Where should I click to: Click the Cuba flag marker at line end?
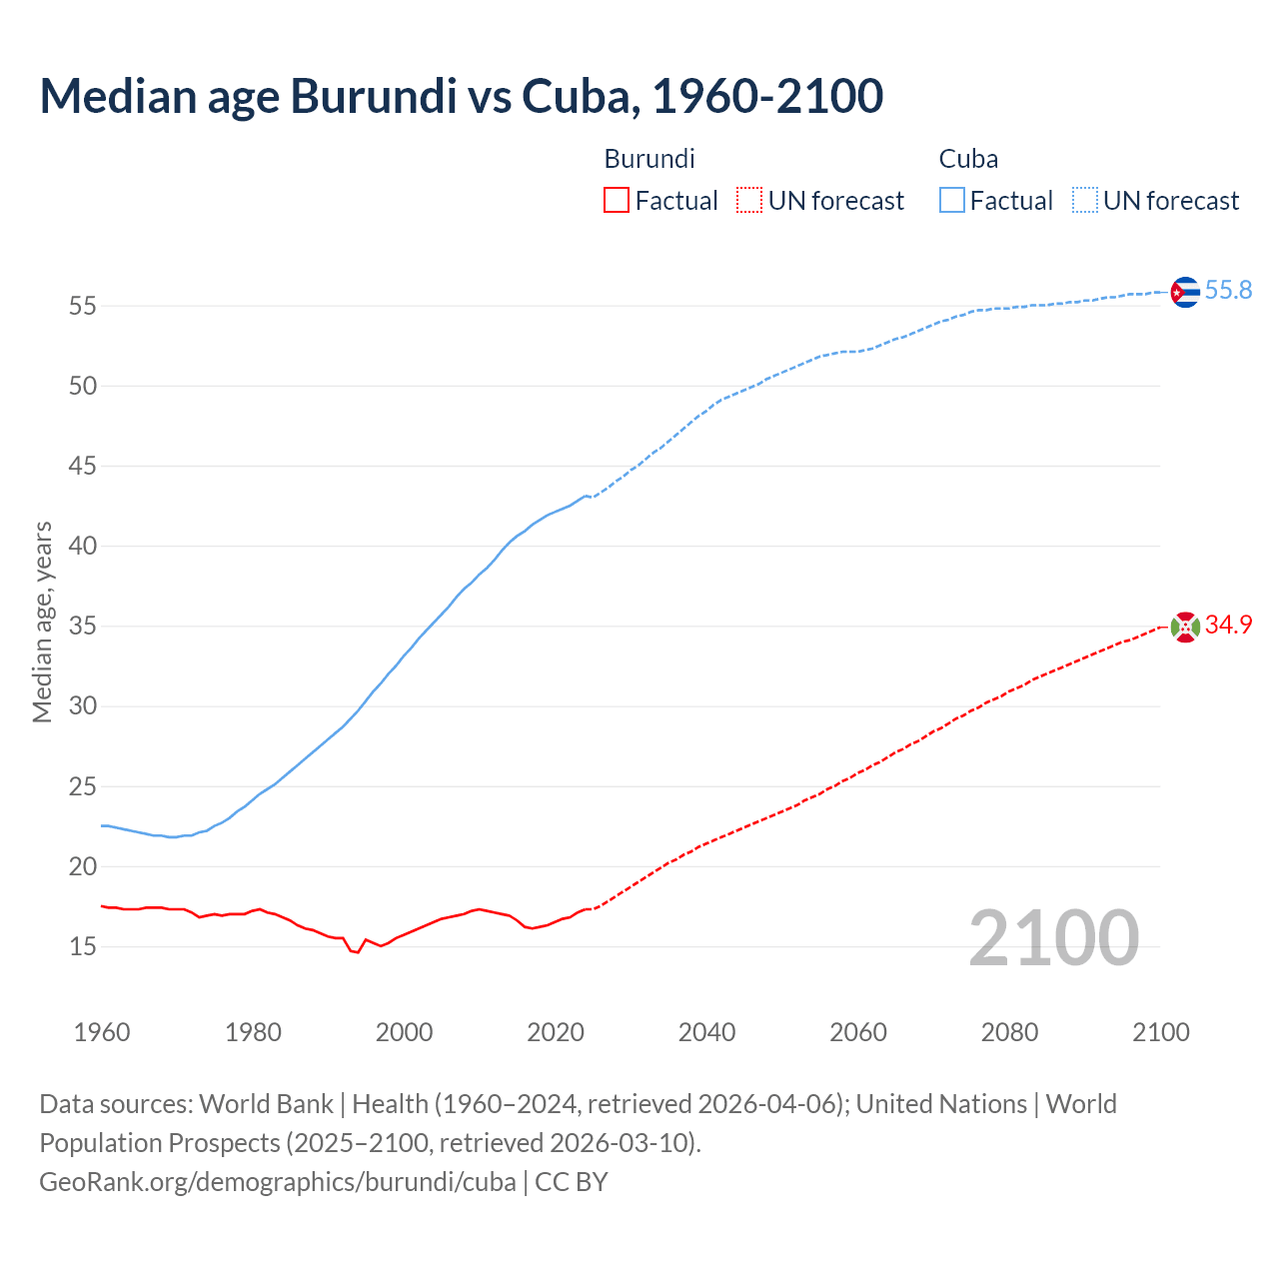click(x=1184, y=292)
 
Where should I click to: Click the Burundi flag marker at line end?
click(x=1184, y=627)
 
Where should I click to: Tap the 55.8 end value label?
click(x=1228, y=290)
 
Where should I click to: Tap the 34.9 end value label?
click(x=1228, y=625)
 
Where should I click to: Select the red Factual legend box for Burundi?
click(x=617, y=201)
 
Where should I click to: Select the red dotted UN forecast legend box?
click(x=749, y=201)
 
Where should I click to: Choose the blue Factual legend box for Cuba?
click(x=952, y=201)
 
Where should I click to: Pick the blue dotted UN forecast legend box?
click(x=1084, y=201)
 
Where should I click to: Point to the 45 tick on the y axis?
click(x=82, y=466)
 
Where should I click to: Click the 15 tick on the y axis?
click(x=82, y=946)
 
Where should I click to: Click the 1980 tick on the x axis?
click(x=253, y=1032)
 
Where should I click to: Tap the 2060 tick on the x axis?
click(x=858, y=1032)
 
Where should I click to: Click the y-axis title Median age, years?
click(x=42, y=622)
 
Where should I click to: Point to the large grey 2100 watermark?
click(x=1053, y=937)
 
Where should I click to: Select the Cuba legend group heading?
click(x=968, y=159)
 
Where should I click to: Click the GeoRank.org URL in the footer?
click(x=277, y=1181)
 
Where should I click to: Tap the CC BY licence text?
click(x=571, y=1181)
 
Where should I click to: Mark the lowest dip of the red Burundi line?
click(x=357, y=952)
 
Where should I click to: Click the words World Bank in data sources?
click(x=266, y=1104)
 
